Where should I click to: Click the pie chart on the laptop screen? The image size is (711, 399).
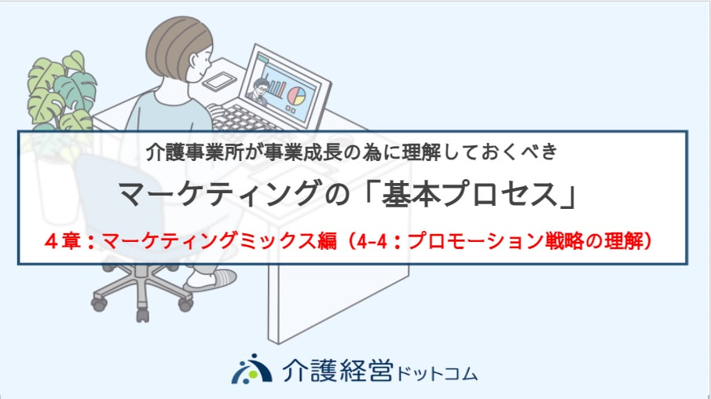pyautogui.click(x=297, y=95)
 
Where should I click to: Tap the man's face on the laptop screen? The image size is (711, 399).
pyautogui.click(x=261, y=87)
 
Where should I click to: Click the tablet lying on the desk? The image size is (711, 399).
pyautogui.click(x=219, y=81)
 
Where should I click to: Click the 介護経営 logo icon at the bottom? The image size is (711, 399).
pyautogui.click(x=251, y=369)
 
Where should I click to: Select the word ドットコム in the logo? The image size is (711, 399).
pyautogui.click(x=437, y=374)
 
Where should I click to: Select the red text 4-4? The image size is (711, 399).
pyautogui.click(x=372, y=241)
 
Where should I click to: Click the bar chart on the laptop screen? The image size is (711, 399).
pyautogui.click(x=276, y=88)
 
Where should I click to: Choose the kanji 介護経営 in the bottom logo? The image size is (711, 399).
pyautogui.click(x=337, y=370)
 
